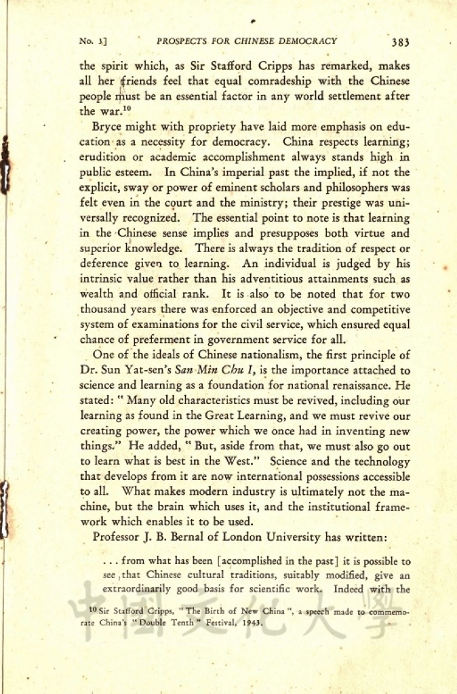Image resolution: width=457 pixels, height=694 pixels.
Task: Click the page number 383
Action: point(400,41)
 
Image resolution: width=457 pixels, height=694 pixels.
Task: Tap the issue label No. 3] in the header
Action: point(94,41)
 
